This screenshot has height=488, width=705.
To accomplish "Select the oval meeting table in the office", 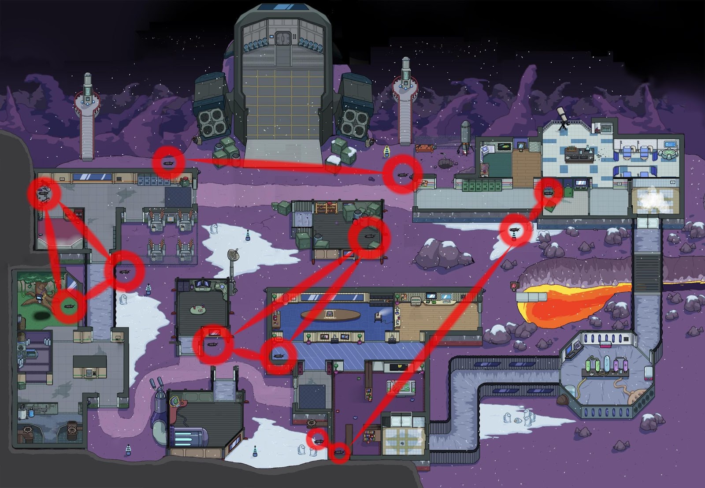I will [x=330, y=315].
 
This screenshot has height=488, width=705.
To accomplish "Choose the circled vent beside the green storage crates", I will [x=369, y=237].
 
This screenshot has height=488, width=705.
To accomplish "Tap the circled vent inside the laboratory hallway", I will [x=549, y=192].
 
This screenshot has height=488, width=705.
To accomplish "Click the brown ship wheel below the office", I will [x=311, y=422].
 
